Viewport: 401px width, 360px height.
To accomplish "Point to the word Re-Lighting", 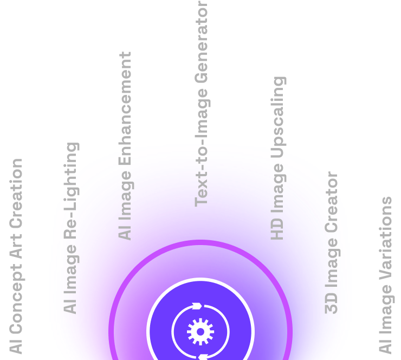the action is click(x=71, y=191).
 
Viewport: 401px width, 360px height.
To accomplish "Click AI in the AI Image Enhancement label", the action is click(x=125, y=232).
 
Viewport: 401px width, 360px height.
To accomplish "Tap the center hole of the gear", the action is click(x=200, y=332).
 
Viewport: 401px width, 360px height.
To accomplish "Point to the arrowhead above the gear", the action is click(x=197, y=306).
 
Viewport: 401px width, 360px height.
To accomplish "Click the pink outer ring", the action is click(x=200, y=242).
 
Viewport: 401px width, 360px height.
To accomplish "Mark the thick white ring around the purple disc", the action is click(x=200, y=279).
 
